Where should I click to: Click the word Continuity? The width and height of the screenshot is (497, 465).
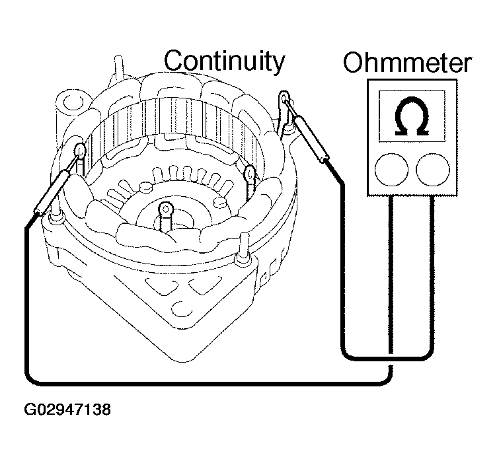(x=225, y=61)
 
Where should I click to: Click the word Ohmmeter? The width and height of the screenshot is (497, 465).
(x=408, y=63)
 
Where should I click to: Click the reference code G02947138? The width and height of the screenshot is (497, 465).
(x=67, y=410)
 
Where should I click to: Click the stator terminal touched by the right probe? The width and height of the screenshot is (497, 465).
(x=285, y=99)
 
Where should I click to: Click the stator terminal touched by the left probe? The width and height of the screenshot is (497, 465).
(x=79, y=151)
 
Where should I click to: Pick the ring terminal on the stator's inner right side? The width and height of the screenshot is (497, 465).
(x=250, y=174)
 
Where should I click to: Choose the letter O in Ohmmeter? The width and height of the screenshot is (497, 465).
(x=355, y=64)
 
